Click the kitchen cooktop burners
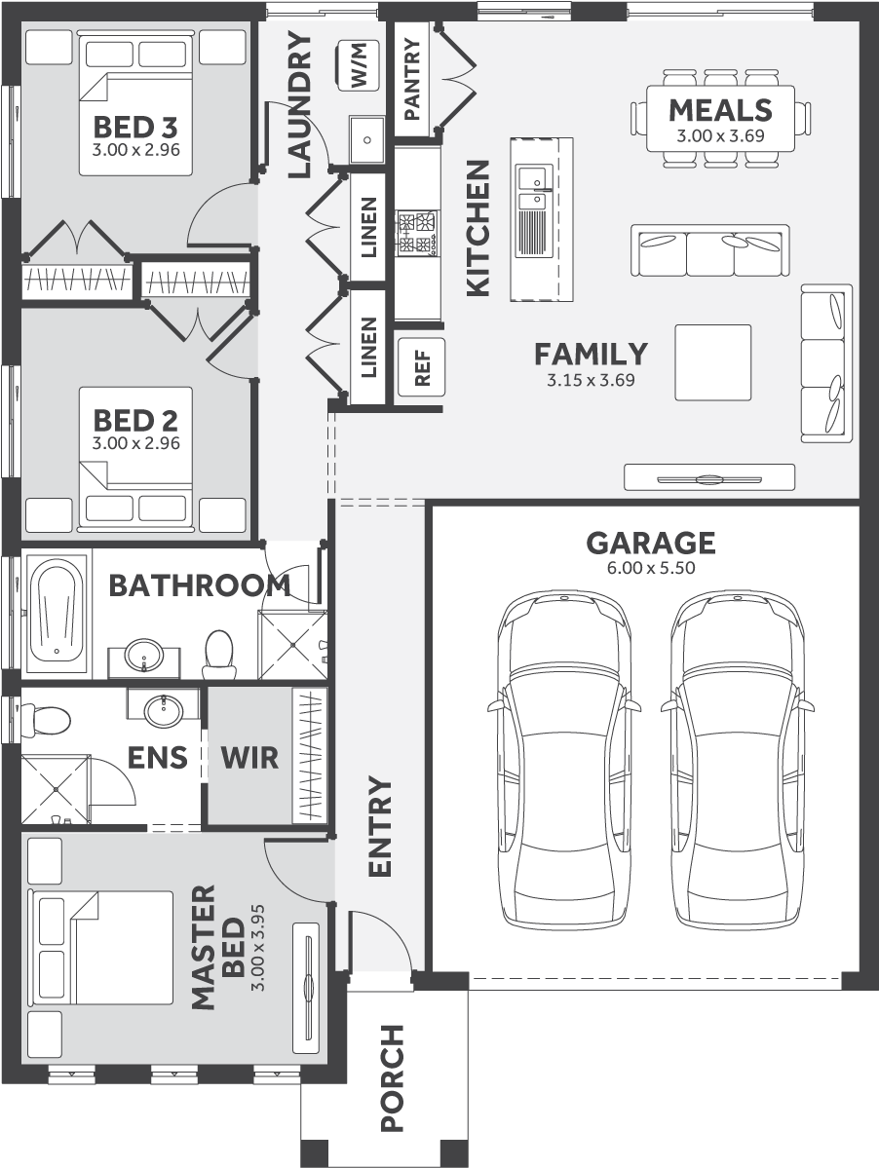point(417,234)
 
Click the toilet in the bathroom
point(217,654)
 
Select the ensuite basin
point(163,711)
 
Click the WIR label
point(248,757)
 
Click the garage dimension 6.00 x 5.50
point(650,569)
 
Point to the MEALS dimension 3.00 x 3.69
point(720,135)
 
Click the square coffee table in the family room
point(713,362)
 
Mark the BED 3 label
point(135,128)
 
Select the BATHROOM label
point(199,585)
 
